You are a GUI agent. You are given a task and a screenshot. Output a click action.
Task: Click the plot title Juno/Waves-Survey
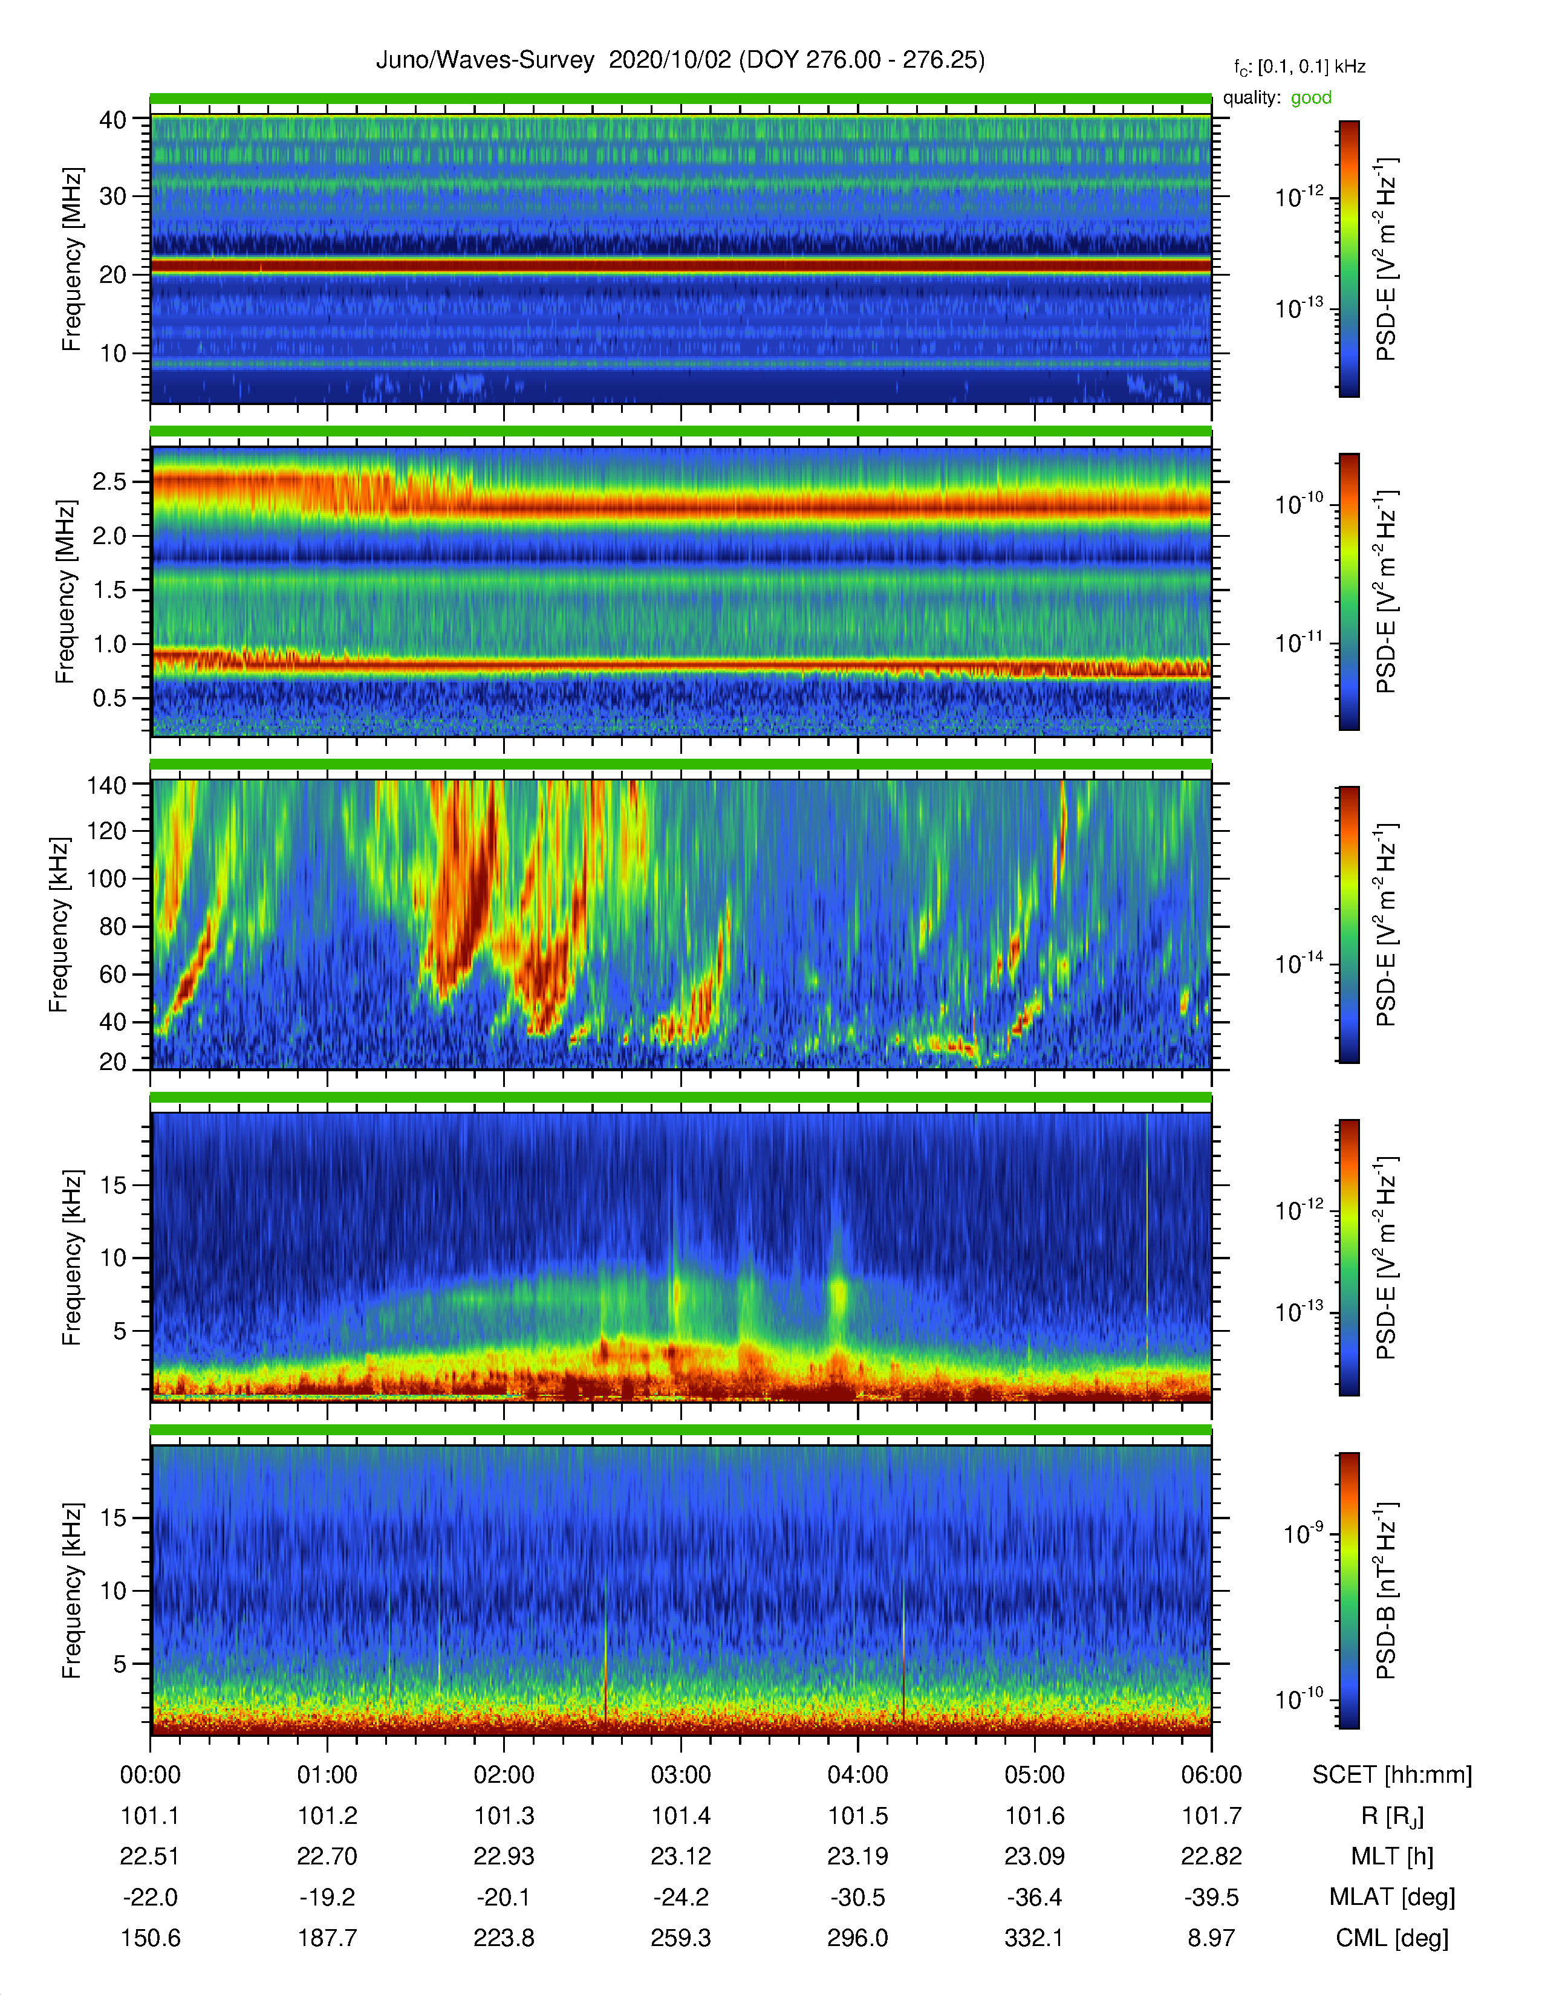[485, 60]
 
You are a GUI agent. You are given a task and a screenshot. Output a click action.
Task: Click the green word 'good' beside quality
[1311, 98]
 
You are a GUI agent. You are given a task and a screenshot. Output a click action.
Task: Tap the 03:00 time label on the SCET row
[680, 1775]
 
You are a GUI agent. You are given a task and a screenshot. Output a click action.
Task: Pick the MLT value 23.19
[858, 1856]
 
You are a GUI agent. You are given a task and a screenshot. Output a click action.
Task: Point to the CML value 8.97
[1211, 1938]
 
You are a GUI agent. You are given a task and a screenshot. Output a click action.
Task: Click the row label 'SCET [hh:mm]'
[1392, 1775]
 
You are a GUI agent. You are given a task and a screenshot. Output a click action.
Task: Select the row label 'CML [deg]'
[1392, 1938]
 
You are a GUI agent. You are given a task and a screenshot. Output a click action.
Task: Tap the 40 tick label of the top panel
[112, 120]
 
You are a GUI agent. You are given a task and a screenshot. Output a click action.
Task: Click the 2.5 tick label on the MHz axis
[109, 481]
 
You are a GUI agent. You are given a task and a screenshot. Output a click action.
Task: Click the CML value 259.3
[680, 1938]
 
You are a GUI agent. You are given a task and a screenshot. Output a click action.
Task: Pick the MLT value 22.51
[150, 1856]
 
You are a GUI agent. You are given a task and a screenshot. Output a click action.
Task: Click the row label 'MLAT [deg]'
[1392, 1897]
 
